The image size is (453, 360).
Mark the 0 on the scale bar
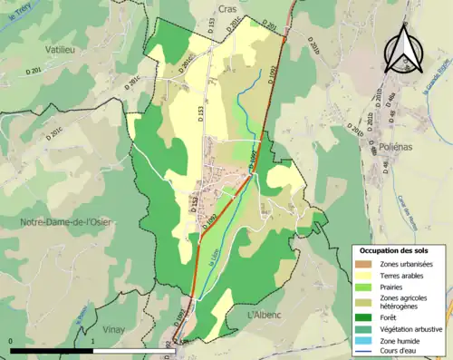point(10,341)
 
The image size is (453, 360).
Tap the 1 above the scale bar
point(93,341)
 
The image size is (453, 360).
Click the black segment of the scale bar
point(52,350)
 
